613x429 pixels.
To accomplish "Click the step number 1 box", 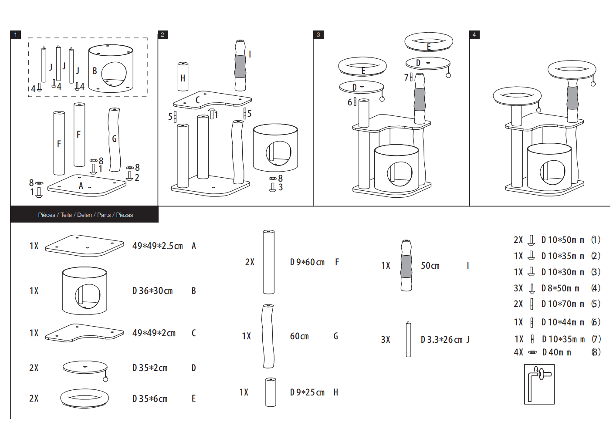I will (x=16, y=34).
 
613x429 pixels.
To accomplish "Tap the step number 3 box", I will (x=318, y=34).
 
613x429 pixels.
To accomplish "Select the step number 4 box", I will (x=474, y=34).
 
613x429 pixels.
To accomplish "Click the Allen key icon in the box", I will (x=539, y=384).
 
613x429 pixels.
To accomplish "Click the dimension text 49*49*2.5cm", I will (x=157, y=246).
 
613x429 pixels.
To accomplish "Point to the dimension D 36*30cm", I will (x=152, y=291).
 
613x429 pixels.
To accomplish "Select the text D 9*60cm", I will (x=307, y=262).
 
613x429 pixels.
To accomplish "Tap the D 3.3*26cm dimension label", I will (x=441, y=340).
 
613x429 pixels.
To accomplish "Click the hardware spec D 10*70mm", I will (x=563, y=304).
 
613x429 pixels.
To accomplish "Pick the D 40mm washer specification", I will (x=556, y=352).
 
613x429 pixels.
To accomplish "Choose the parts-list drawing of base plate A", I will (x=85, y=246).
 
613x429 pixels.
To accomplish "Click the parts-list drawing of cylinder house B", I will (x=85, y=291).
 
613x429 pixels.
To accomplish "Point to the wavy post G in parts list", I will (x=268, y=336).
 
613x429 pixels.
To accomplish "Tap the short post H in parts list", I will (x=271, y=392).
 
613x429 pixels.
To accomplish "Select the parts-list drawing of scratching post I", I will (x=406, y=265).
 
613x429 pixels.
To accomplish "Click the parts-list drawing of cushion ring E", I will (x=85, y=398).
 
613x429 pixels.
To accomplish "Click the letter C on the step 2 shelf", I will (x=197, y=100).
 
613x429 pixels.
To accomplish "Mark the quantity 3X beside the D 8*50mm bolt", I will (x=518, y=288).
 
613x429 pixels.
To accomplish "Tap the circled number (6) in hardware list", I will (x=596, y=322).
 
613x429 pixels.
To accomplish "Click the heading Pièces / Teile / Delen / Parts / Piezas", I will (x=85, y=215).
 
